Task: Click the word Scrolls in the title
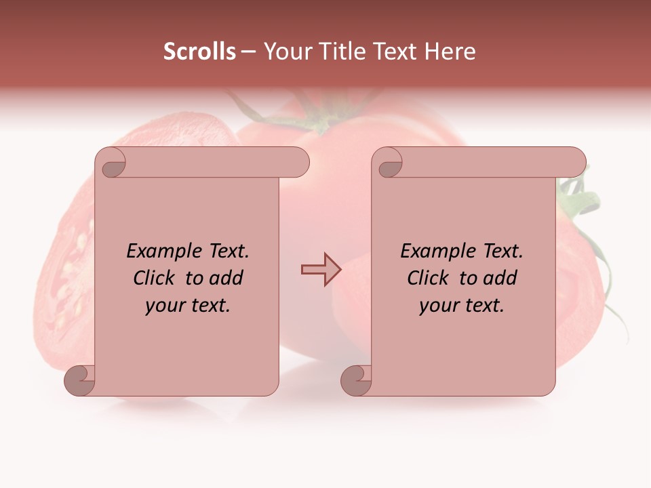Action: click(x=199, y=52)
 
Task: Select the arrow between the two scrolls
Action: click(x=321, y=269)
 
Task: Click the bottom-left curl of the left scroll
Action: click(x=80, y=381)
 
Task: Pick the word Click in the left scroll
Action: click(x=155, y=278)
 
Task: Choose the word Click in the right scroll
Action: click(x=429, y=278)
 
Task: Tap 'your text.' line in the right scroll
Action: click(x=462, y=305)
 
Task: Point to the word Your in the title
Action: click(x=285, y=52)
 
